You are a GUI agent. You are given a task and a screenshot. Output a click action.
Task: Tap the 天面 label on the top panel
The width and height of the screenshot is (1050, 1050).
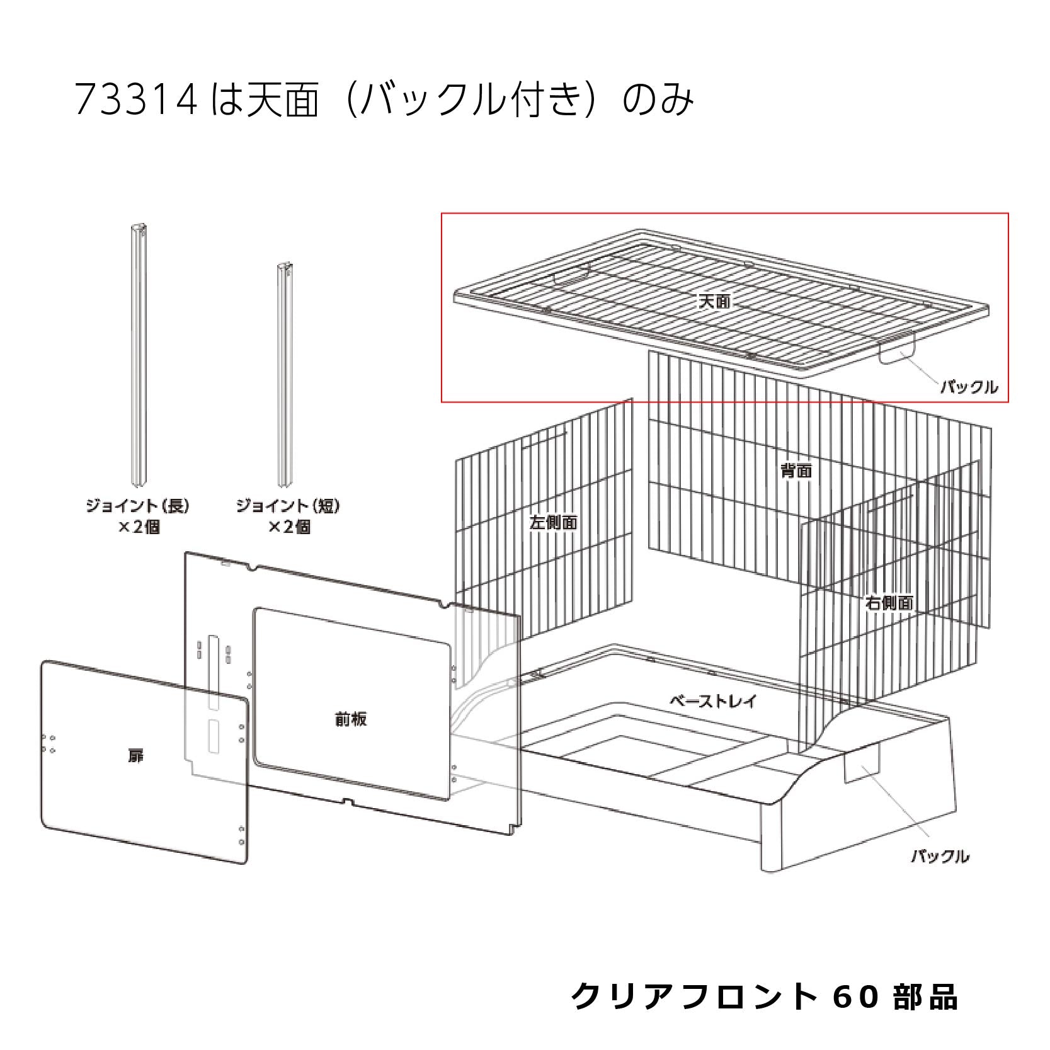point(714,301)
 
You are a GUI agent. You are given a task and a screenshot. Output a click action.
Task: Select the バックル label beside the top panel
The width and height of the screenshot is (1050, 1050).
point(969,387)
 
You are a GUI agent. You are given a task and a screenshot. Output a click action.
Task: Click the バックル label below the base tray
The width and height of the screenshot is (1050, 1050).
point(940,856)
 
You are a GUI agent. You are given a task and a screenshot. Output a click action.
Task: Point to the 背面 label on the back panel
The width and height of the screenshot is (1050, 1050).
point(796,471)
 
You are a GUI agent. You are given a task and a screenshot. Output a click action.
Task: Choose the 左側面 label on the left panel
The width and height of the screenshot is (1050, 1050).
point(554,522)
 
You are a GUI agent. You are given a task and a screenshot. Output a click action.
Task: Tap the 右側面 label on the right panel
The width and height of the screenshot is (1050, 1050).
point(889,603)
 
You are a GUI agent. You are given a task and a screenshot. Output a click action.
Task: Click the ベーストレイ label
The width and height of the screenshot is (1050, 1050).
point(712,701)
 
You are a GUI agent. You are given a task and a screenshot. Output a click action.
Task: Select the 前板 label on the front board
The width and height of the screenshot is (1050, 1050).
point(351,719)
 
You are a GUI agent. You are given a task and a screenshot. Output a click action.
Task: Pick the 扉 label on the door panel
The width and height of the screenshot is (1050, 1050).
point(136,756)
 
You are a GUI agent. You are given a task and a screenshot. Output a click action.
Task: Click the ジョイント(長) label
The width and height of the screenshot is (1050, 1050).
point(138,506)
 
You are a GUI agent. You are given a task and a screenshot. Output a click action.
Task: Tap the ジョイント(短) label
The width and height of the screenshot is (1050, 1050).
point(288,506)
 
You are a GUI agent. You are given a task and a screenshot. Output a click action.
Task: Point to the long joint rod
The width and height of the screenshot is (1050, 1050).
point(138,357)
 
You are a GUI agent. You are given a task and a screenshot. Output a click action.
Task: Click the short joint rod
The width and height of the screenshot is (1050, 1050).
point(287,376)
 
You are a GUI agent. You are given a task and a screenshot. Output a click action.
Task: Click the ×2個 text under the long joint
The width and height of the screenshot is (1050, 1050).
point(139,527)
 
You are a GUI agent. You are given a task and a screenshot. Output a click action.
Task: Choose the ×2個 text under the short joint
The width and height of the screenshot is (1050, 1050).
point(289,527)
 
